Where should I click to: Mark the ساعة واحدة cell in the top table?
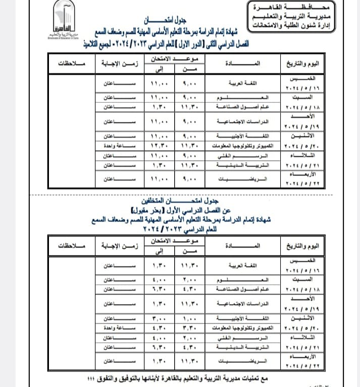(119, 146)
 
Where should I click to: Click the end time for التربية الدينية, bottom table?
(159, 348)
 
